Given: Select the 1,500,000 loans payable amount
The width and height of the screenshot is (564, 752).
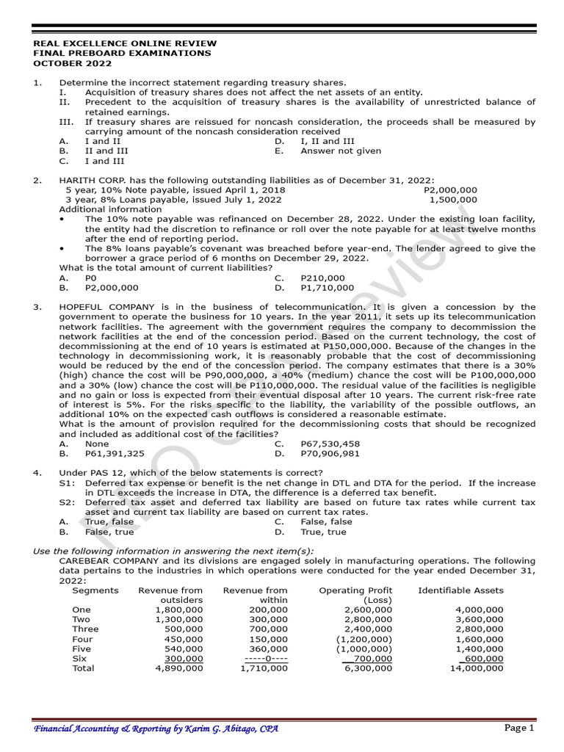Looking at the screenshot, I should click(452, 199).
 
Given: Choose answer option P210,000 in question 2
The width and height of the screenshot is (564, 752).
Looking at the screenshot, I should click(322, 278).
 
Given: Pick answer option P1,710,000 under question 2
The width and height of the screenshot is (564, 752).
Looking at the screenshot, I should click(327, 288).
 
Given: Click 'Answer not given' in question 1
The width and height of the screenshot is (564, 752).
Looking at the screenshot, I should click(341, 151).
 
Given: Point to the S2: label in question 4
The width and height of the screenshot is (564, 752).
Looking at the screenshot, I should click(67, 502).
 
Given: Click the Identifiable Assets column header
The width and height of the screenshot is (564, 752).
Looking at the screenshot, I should click(460, 590).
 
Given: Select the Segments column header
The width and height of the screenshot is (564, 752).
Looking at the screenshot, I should click(95, 590).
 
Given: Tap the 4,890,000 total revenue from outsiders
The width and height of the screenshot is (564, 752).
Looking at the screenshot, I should click(178, 668).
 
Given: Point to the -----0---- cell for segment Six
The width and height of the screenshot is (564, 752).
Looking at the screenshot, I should click(265, 659).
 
